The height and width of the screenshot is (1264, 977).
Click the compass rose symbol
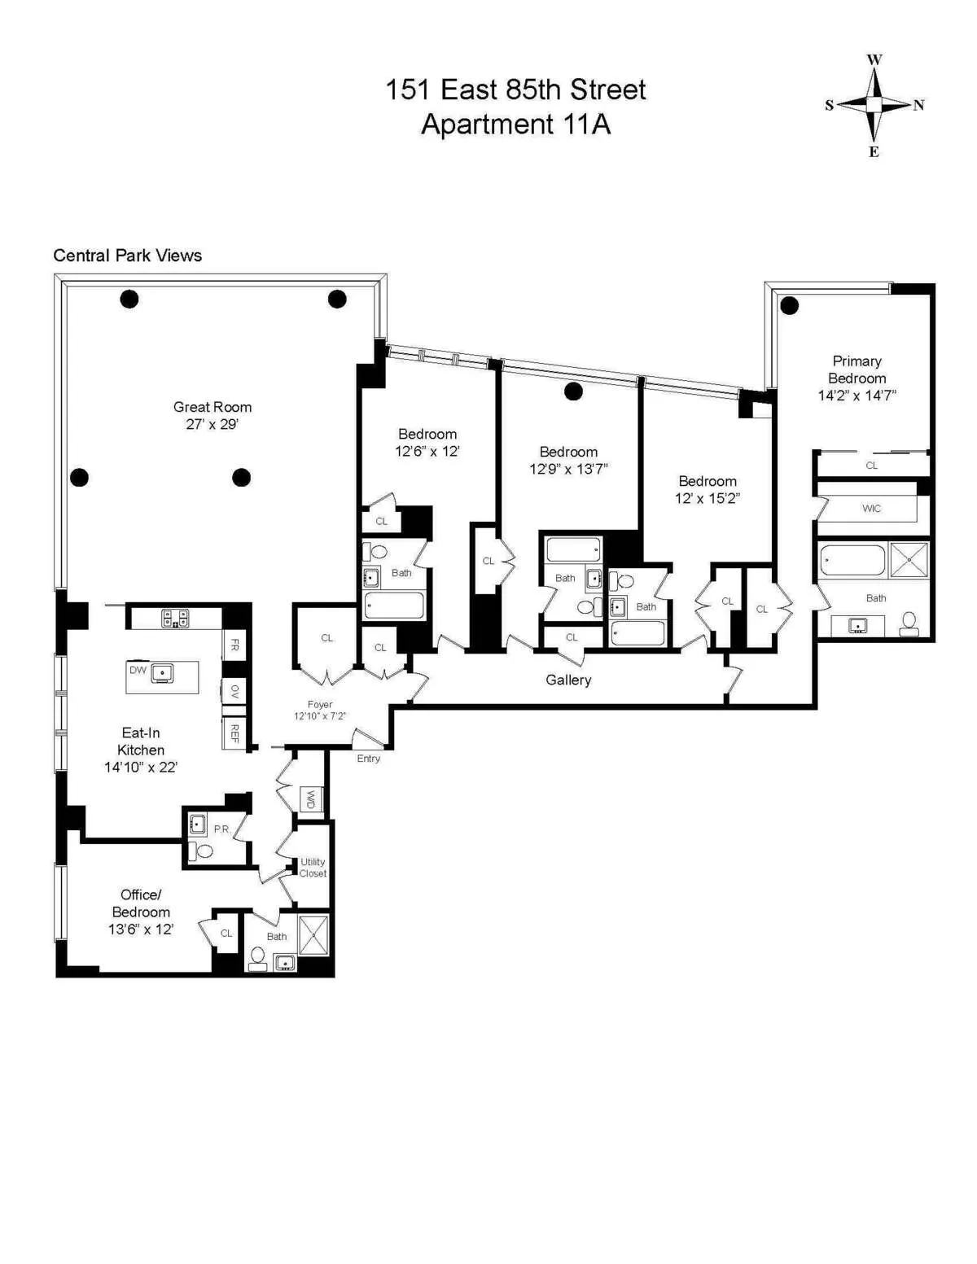point(874,105)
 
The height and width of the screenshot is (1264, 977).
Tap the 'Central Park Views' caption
point(127,256)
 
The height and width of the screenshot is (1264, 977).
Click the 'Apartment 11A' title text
point(515,125)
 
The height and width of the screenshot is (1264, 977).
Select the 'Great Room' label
point(212,407)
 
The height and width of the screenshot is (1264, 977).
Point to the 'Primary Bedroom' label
point(857,370)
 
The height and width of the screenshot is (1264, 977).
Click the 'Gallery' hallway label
point(568,680)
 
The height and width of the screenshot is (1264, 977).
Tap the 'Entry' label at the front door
point(368,759)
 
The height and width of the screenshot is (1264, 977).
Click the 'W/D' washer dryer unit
point(311,800)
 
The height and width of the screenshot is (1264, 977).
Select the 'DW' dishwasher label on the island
point(138,670)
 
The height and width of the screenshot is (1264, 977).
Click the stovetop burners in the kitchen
point(175,619)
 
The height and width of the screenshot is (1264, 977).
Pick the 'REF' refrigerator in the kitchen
point(234,733)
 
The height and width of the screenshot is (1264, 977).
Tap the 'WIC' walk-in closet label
point(871,509)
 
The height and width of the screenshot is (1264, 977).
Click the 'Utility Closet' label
point(313,868)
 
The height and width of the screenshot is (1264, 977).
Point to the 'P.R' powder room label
point(221,829)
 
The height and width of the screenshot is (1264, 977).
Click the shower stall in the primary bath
point(909,559)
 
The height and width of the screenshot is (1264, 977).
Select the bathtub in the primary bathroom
point(852,560)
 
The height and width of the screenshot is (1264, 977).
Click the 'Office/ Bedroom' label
point(141,903)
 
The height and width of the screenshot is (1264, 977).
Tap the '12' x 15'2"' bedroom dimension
point(707,498)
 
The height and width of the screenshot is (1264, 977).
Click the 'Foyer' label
point(320,705)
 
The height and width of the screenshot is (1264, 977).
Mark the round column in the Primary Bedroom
point(789,306)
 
